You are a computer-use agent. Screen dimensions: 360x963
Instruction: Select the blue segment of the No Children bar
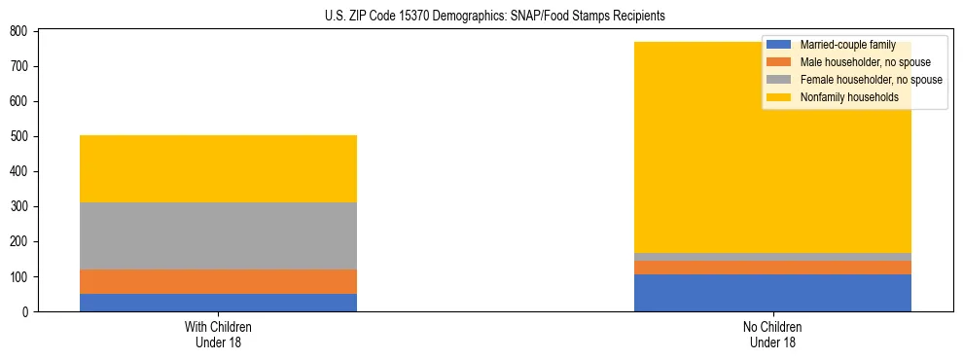click(772, 293)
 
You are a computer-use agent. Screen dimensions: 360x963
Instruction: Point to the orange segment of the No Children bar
click(772, 268)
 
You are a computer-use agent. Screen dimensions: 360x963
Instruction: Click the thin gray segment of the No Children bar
click(772, 257)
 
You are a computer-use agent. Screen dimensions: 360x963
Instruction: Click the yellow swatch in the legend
click(779, 97)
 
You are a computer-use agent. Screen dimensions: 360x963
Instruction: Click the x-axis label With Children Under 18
click(218, 334)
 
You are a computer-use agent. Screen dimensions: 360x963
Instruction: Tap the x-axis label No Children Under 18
click(772, 334)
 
